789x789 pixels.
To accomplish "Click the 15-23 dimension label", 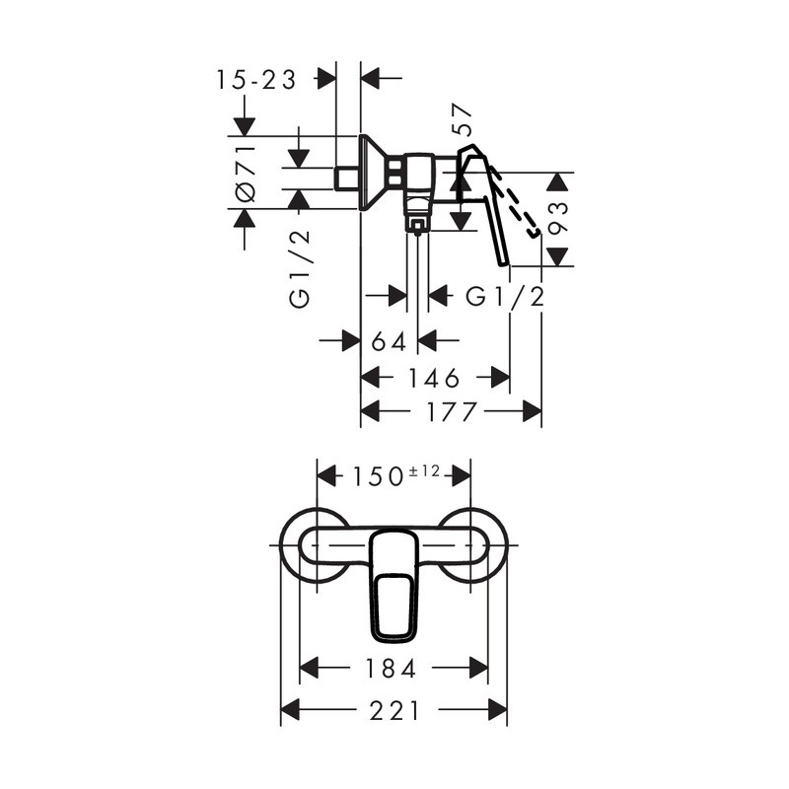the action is pyautogui.click(x=256, y=80).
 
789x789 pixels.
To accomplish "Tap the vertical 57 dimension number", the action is pyautogui.click(x=463, y=119).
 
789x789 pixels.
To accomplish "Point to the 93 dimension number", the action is pyautogui.click(x=558, y=218).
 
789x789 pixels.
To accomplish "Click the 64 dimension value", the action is pyautogui.click(x=389, y=342).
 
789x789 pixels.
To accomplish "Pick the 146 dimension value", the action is pyautogui.click(x=433, y=378).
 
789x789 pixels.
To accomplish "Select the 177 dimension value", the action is pyautogui.click(x=452, y=411).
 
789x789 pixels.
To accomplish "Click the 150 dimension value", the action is pyautogui.click(x=378, y=476).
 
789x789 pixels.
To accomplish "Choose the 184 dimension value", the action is pyautogui.click(x=391, y=669).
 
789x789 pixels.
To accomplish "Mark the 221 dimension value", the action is pyautogui.click(x=394, y=711).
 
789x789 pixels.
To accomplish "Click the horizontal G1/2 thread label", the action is pyautogui.click(x=505, y=297).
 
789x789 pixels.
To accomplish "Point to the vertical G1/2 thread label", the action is pyautogui.click(x=300, y=269).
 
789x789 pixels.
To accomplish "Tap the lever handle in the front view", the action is pyautogui.click(x=394, y=586).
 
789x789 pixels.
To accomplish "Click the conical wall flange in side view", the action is pyautogui.click(x=373, y=172).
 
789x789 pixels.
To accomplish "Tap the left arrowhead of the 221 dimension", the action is pyautogui.click(x=290, y=710).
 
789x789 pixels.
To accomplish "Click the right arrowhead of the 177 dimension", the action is pyautogui.click(x=532, y=411).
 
